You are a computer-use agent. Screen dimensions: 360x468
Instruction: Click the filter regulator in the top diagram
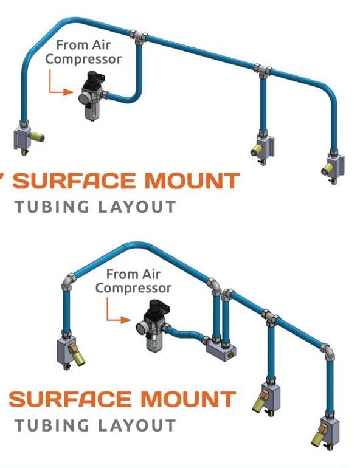point(92,95)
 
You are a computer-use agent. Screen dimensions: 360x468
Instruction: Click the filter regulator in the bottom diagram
point(151,325)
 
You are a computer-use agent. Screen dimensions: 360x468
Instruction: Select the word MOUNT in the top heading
point(192,181)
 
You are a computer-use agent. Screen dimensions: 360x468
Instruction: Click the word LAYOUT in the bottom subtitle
point(137,425)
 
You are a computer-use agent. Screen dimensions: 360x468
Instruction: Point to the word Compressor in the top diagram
point(83,59)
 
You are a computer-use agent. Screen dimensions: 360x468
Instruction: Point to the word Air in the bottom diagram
point(151,274)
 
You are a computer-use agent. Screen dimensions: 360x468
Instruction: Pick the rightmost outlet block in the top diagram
point(333,167)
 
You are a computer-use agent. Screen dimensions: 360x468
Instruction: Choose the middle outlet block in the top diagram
point(263,148)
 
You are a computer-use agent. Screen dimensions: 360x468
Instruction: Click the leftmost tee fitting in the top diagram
point(138,37)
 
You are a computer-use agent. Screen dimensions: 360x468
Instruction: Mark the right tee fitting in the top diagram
point(263,71)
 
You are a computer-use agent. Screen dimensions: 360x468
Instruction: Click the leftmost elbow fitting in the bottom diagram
point(69,282)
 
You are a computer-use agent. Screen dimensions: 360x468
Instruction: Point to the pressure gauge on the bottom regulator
point(140,328)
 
